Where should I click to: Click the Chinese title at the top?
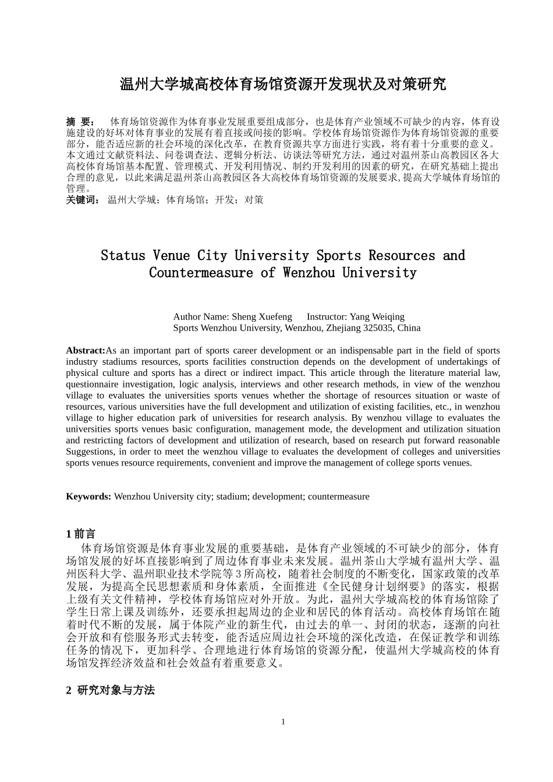coord(283,84)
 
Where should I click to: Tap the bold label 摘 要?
coord(80,122)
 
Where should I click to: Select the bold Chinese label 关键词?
coord(83,200)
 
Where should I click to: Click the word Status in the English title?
coord(123,255)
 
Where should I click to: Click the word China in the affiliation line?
coord(409,328)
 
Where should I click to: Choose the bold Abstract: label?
coord(86,350)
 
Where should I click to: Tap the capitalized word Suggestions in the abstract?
coord(90,452)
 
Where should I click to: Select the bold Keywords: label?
coord(88,496)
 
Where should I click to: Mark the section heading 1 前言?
coord(81,534)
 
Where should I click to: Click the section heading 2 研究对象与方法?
coord(111,690)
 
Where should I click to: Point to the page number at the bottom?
coord(283,721)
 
